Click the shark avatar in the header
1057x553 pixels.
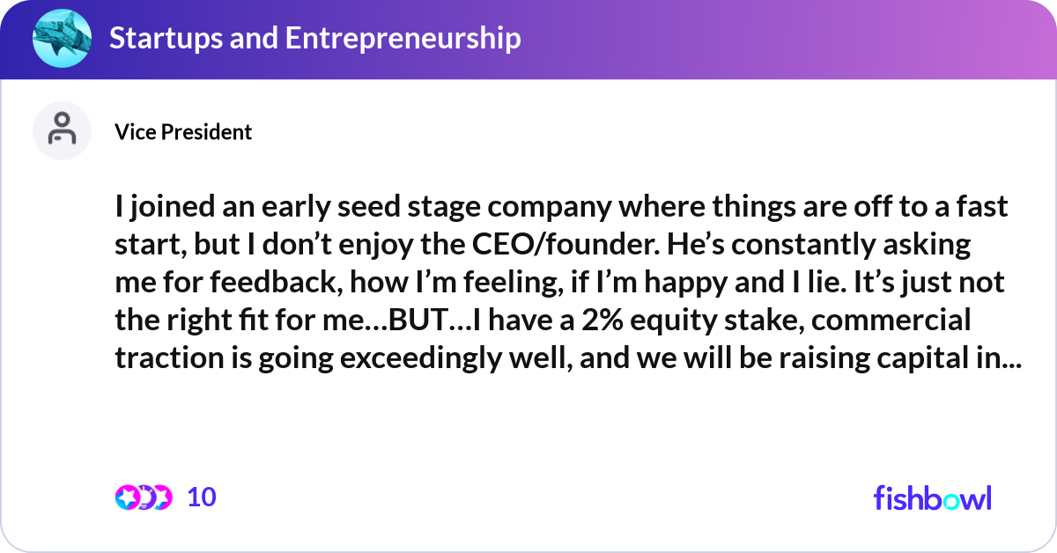(62, 39)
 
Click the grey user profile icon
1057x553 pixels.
(62, 130)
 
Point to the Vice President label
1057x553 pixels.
(183, 131)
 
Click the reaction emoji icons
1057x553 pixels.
(143, 498)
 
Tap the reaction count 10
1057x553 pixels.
(202, 498)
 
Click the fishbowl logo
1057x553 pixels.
(932, 498)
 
